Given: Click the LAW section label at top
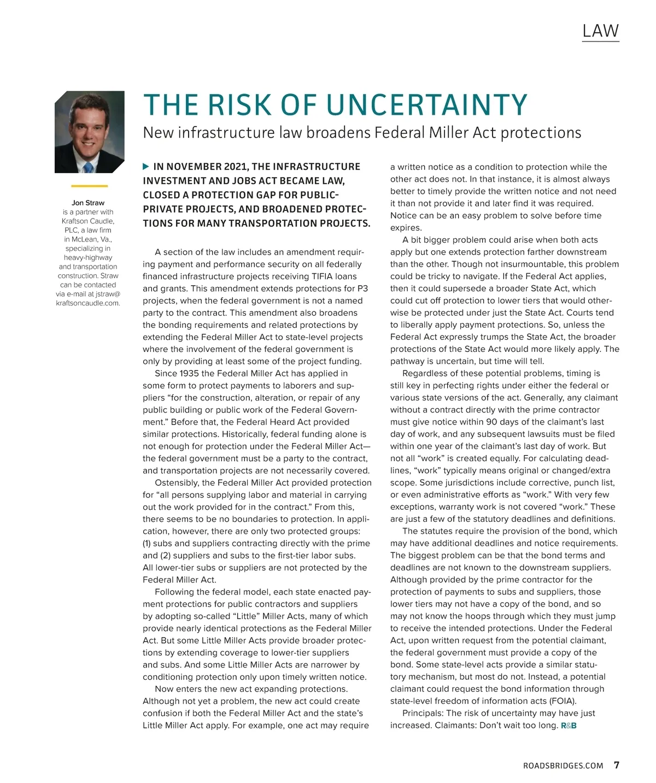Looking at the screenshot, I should pos(600,31).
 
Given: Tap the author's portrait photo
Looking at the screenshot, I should pos(89,132).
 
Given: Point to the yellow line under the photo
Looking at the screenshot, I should pos(89,186).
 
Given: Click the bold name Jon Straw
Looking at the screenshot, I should pos(88,203).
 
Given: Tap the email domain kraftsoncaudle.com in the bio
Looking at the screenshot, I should pos(88,303).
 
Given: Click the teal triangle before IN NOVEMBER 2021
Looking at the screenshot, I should pos(145,166).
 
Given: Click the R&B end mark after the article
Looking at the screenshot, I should pos(569,726).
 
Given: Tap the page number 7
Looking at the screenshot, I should pos(617,765).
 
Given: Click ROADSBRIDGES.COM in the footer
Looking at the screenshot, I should pos(563,766).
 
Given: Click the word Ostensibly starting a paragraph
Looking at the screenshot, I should pos(177,483).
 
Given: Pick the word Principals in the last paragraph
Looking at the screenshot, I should pos(423,713).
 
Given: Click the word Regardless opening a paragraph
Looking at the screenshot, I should pos(425,374).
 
